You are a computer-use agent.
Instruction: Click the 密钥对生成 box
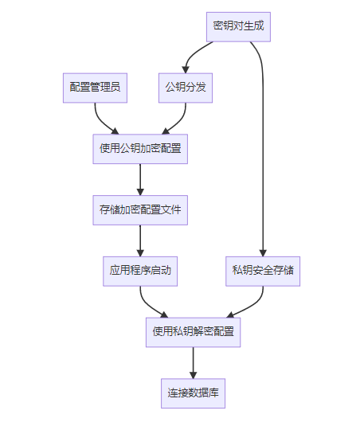pos(238,26)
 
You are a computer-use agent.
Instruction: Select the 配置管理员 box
pos(95,88)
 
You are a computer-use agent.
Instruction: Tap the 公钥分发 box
pos(186,88)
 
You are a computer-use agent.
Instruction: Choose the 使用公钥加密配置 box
pos(140,149)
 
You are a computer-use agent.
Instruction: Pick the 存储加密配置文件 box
pos(140,210)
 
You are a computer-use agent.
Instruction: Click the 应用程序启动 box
pos(140,272)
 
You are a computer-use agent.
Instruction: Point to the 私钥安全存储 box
pos(263,272)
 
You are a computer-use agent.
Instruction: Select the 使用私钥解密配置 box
pos(194,332)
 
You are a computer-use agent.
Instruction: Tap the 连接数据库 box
pos(194,393)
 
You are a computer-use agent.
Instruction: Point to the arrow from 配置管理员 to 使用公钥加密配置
pos(101,121)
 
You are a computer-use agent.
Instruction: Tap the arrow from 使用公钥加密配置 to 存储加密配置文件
pos(140,180)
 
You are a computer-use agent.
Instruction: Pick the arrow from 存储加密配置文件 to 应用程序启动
pos(140,240)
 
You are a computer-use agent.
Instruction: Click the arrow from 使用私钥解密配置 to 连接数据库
pos(194,363)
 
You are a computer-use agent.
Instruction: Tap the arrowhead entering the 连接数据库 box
pos(194,375)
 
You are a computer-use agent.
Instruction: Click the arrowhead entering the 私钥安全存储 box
pos(263,253)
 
